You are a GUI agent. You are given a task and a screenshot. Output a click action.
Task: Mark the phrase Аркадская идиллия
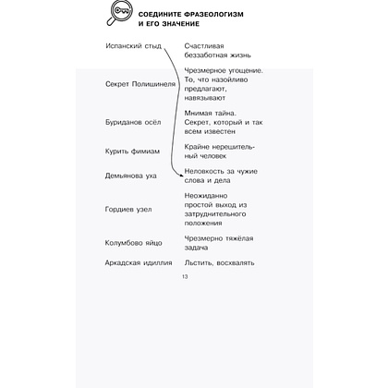(139, 262)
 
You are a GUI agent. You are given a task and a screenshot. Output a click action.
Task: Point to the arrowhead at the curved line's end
(180, 173)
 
